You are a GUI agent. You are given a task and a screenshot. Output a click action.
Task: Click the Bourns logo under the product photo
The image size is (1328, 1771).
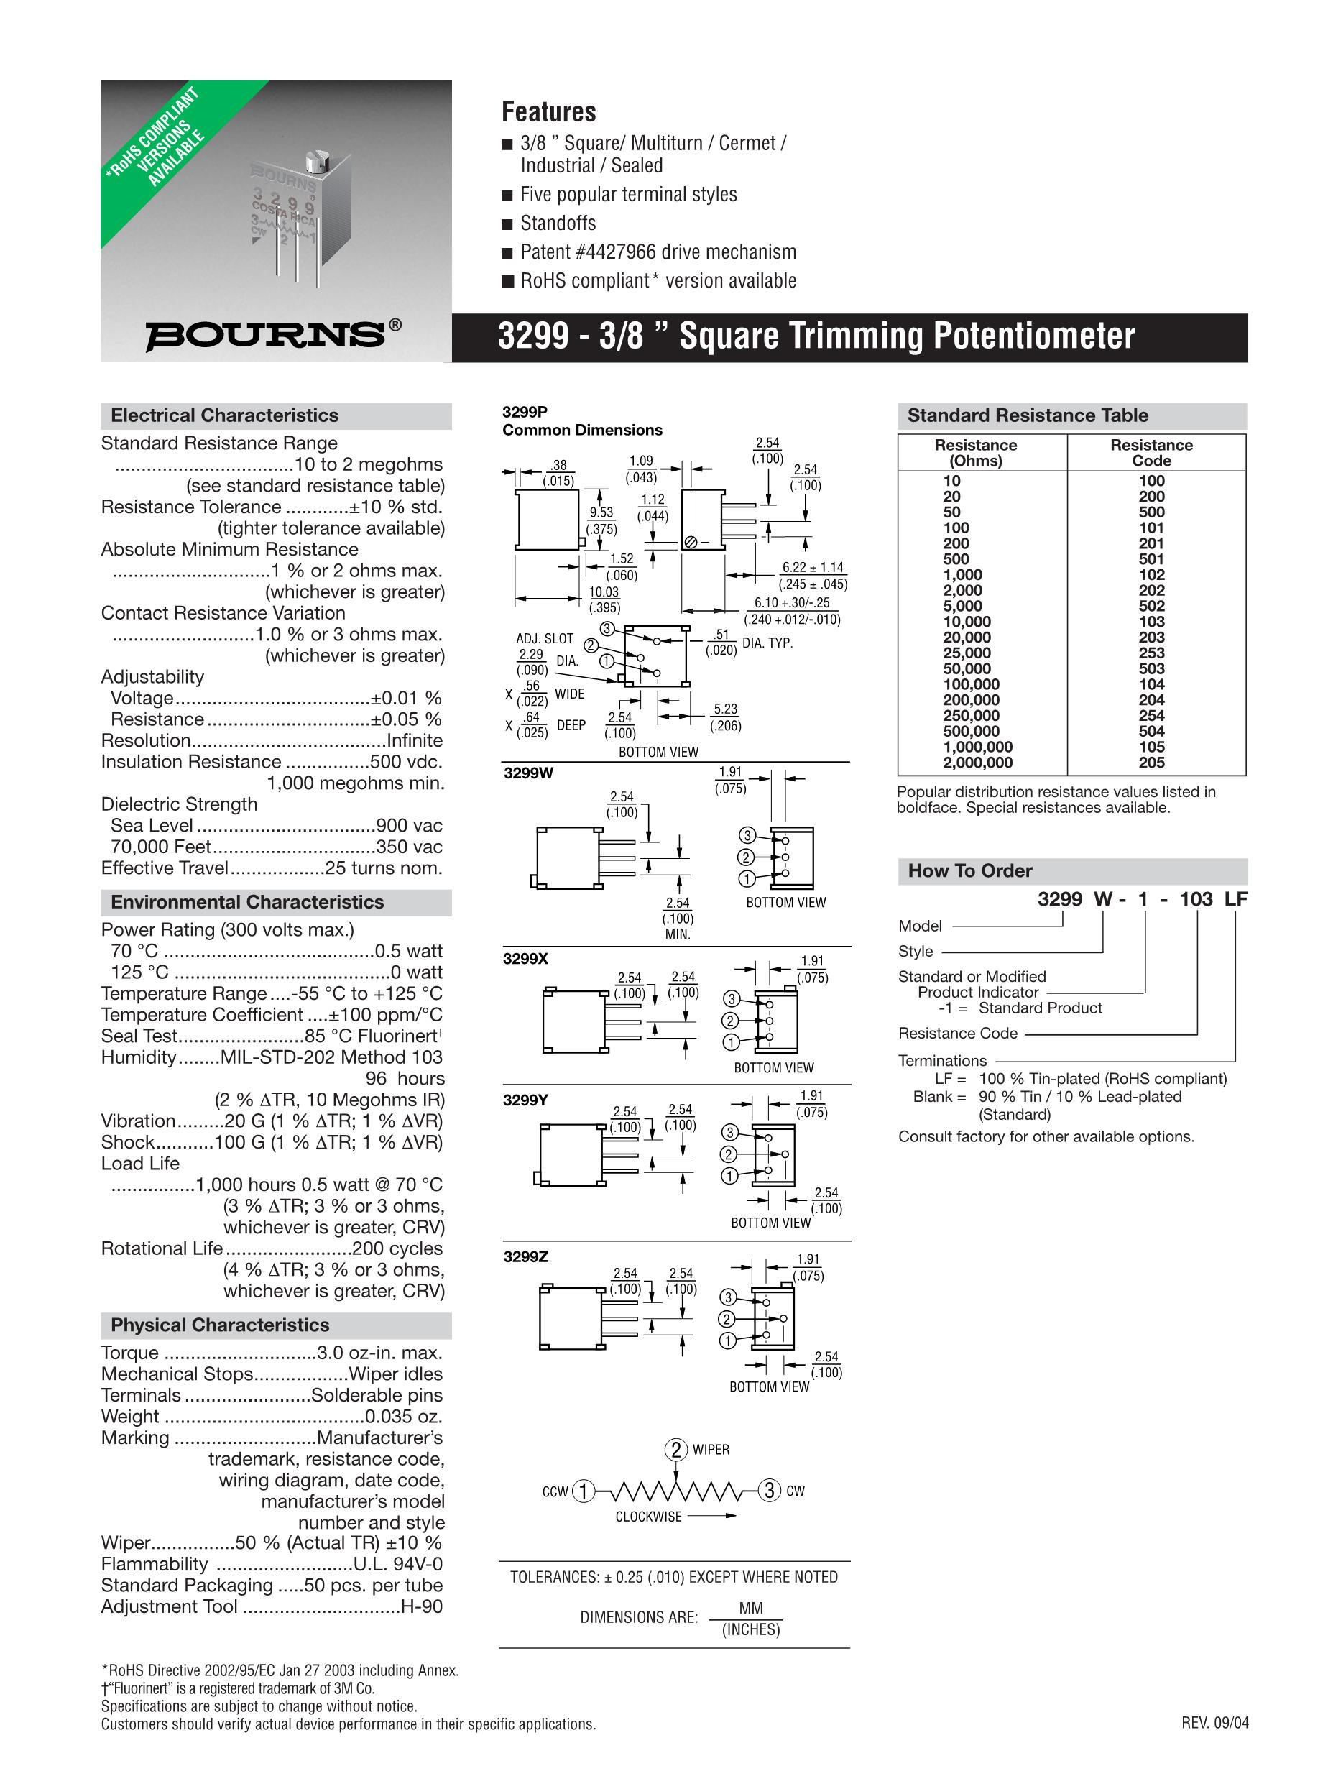coord(273,336)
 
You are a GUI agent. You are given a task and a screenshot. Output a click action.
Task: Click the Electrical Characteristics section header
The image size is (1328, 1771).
coord(224,415)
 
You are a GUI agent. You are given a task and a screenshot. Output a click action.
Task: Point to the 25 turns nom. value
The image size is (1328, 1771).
coord(384,868)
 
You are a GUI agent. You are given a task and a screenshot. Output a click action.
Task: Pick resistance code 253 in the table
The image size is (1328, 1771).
coord(1151,653)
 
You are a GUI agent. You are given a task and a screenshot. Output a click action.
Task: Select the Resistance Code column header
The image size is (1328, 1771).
coord(1151,453)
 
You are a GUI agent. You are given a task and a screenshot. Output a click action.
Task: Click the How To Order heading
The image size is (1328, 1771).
coord(969,871)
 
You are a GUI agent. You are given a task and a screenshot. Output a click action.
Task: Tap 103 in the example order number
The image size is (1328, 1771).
coord(1196,899)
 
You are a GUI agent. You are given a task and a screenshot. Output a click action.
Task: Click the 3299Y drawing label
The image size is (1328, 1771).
coord(525,1101)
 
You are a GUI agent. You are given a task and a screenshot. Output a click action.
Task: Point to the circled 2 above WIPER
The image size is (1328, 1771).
coord(676,1450)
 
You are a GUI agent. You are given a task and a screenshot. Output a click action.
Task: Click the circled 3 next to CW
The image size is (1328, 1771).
coord(768,1491)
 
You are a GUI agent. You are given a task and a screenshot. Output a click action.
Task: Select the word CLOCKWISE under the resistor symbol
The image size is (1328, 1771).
coord(648,1517)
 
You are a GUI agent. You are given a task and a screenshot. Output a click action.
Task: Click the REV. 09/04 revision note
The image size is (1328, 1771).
coord(1214,1723)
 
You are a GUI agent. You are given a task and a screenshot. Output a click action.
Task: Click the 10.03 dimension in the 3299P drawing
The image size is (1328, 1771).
coord(604,592)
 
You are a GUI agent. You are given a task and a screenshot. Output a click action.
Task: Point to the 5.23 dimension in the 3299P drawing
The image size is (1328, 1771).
coord(725,709)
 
